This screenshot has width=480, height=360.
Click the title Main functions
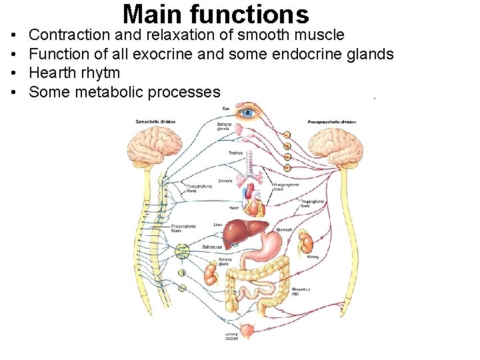tap(216, 14)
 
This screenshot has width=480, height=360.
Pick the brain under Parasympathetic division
tap(335, 144)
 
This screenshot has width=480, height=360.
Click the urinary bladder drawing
tap(248, 330)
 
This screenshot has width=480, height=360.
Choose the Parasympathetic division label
tap(331, 122)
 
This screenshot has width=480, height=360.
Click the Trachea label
tap(235, 153)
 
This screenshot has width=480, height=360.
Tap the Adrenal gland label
tap(223, 261)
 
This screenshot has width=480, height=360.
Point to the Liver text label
tap(217, 225)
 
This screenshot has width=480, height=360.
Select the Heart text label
tap(234, 207)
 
